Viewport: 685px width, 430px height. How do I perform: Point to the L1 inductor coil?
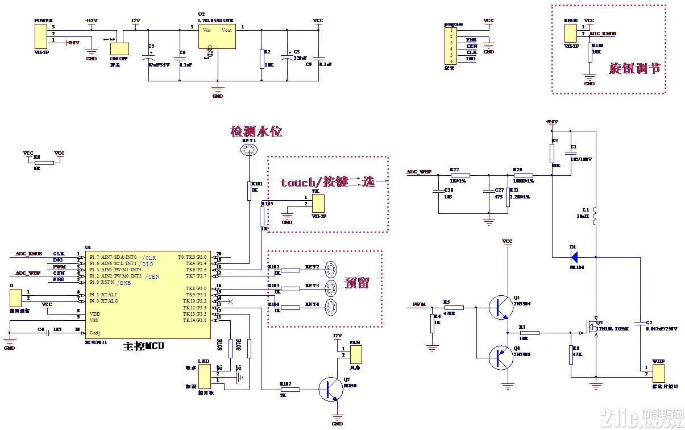click(x=595, y=216)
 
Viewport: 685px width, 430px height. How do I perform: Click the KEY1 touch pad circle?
click(x=248, y=151)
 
